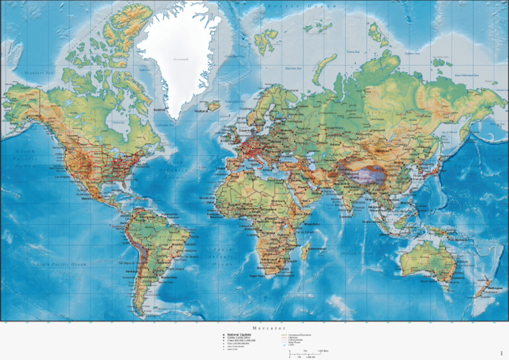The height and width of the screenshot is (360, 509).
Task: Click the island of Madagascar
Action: click(x=305, y=250)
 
